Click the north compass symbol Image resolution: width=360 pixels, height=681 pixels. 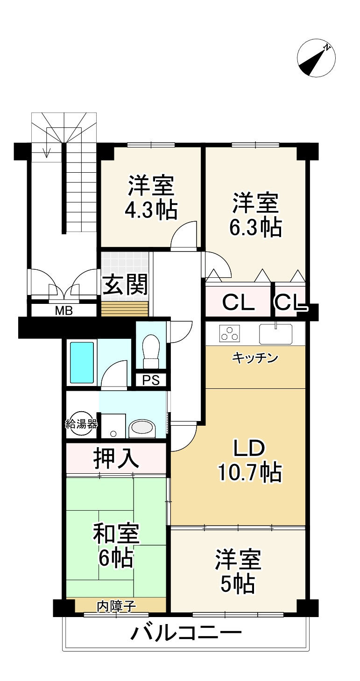click(316, 58)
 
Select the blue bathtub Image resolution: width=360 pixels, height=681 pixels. click(82, 362)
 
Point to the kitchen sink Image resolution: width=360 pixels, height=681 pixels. click(275, 334)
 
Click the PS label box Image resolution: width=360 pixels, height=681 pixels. click(151, 380)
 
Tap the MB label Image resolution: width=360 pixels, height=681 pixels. click(64, 311)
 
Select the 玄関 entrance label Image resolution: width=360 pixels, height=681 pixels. click(125, 285)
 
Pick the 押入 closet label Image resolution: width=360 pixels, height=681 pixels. click(116, 458)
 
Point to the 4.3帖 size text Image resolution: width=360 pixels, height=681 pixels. click(151, 210)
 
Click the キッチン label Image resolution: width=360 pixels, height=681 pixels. click(255, 358)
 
